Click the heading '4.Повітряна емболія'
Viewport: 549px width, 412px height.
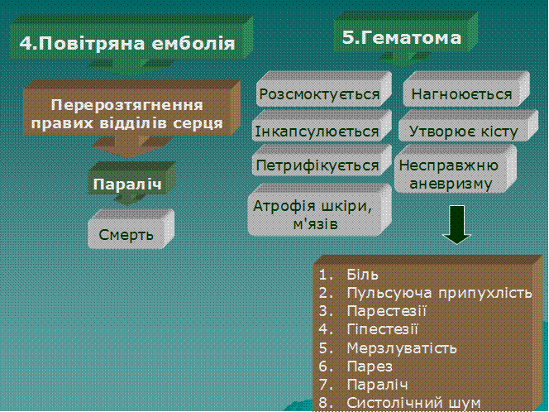click(x=127, y=44)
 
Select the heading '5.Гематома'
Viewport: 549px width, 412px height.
click(x=402, y=37)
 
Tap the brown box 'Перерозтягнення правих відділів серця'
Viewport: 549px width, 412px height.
click(x=131, y=108)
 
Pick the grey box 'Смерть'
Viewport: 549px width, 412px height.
click(x=131, y=229)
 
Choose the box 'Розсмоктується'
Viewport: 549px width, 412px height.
click(x=323, y=89)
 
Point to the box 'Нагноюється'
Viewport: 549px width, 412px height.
click(x=466, y=89)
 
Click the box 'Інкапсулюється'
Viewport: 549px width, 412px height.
click(x=322, y=126)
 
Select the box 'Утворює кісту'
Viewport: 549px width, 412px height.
click(x=468, y=126)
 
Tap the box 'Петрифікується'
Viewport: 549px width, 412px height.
click(x=322, y=160)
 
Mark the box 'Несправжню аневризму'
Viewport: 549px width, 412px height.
click(x=456, y=170)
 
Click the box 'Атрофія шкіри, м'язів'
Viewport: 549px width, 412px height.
click(x=319, y=210)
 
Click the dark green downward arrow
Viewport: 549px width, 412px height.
click(x=456, y=224)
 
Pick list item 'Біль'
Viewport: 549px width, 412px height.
click(x=362, y=275)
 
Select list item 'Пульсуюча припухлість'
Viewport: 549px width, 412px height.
click(x=439, y=293)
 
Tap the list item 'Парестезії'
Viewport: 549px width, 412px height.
click(x=387, y=311)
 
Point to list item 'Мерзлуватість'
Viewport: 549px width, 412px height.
click(x=402, y=348)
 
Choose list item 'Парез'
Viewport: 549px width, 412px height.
click(x=370, y=366)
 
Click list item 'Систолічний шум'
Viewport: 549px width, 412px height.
click(x=413, y=403)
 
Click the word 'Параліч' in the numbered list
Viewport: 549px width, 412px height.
click(x=377, y=385)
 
